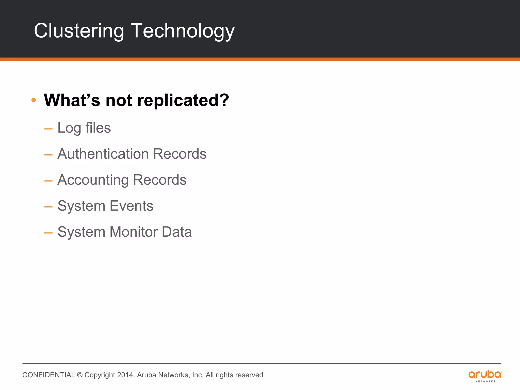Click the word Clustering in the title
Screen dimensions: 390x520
(79, 31)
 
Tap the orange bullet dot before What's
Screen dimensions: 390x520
(34, 100)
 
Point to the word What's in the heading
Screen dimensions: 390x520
(72, 100)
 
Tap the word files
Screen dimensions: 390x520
(98, 128)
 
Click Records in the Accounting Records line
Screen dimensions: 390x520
(160, 180)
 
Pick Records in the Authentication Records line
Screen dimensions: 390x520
(180, 154)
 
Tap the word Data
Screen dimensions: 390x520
(177, 232)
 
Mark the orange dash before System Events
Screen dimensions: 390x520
(48, 207)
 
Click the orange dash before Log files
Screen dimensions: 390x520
(48, 129)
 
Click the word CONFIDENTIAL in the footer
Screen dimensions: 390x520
(48, 375)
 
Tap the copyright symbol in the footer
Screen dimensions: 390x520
(80, 375)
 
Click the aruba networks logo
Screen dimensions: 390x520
(485, 376)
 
